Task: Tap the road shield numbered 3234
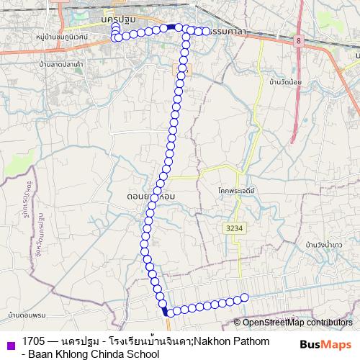[233, 228]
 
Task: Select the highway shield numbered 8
[298, 42]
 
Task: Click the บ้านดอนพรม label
[28, 315]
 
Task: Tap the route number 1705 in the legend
[33, 341]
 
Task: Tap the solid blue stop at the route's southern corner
[166, 312]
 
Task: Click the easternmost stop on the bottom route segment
[244, 297]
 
